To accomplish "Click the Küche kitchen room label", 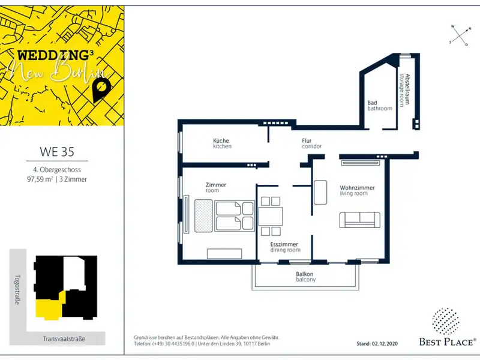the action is (222, 143).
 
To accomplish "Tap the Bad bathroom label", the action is (380, 106).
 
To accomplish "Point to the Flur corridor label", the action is (311, 143).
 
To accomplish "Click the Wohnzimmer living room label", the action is (357, 190).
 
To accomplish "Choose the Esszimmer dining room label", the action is (285, 247).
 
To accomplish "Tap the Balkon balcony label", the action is (305, 277).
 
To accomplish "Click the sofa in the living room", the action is (359, 220).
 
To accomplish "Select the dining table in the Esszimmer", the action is (271, 217).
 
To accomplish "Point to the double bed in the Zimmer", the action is (235, 215).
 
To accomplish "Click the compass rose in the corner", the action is (460, 36).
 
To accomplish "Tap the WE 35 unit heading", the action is (57, 152).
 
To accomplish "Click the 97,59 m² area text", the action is (40, 179).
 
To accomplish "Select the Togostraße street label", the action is (17, 289).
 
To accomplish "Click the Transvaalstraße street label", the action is (64, 339).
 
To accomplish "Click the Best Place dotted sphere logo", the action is (445, 321).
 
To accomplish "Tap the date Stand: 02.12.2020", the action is (377, 344).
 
